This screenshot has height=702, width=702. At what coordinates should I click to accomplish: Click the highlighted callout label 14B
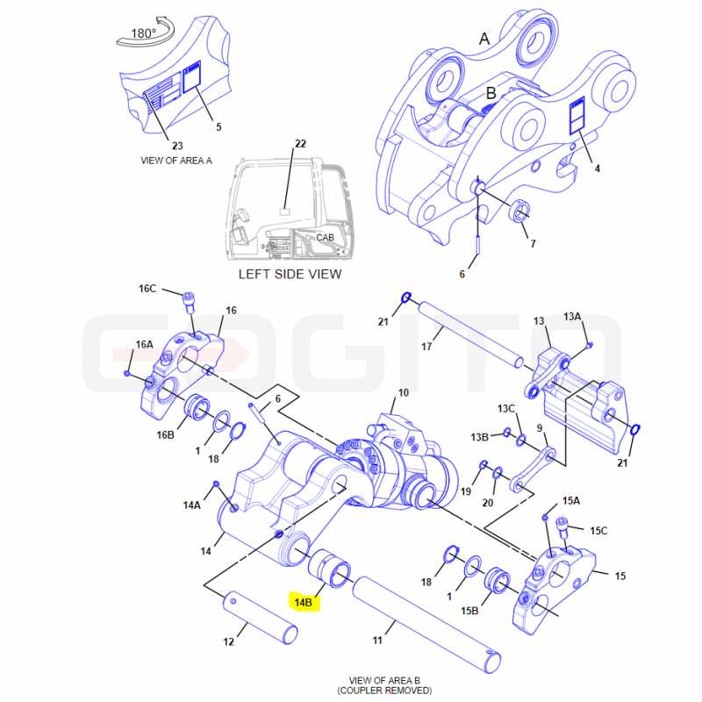[x=304, y=602]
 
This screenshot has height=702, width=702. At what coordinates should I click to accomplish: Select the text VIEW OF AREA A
[x=176, y=161]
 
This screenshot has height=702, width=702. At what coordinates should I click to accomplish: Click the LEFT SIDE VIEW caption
[x=290, y=274]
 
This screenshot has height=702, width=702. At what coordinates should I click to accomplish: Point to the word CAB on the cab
[x=325, y=237]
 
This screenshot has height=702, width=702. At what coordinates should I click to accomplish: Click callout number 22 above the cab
[x=300, y=143]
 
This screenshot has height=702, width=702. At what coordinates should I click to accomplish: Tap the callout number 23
[x=177, y=146]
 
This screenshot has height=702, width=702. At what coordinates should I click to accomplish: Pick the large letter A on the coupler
[x=484, y=39]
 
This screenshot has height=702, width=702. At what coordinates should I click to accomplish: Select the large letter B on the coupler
[x=491, y=93]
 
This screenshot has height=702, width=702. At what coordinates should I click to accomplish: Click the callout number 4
[x=597, y=168]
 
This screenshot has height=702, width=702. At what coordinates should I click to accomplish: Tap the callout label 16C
[x=147, y=289]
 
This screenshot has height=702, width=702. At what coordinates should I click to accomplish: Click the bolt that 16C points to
[x=190, y=303]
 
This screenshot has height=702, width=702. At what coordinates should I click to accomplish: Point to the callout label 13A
[x=572, y=317]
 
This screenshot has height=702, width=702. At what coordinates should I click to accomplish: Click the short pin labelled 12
[x=261, y=618]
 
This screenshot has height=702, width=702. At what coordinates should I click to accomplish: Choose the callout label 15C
[x=598, y=531]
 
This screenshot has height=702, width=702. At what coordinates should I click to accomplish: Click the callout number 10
[x=404, y=392]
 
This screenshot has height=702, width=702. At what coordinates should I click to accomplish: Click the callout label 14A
[x=191, y=505]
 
